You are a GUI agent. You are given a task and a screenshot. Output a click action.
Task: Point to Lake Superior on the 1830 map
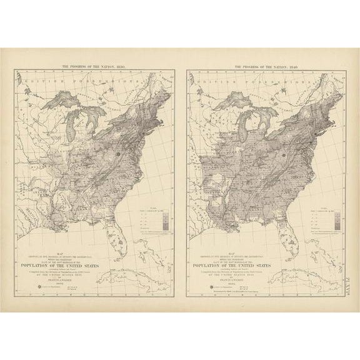point(69,100)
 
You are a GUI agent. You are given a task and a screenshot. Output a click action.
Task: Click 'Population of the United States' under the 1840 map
point(266,265)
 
